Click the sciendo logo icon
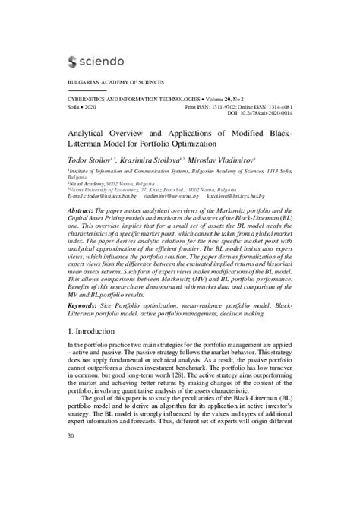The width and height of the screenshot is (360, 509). coord(74,62)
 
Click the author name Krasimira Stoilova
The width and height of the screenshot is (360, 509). coord(157,162)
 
